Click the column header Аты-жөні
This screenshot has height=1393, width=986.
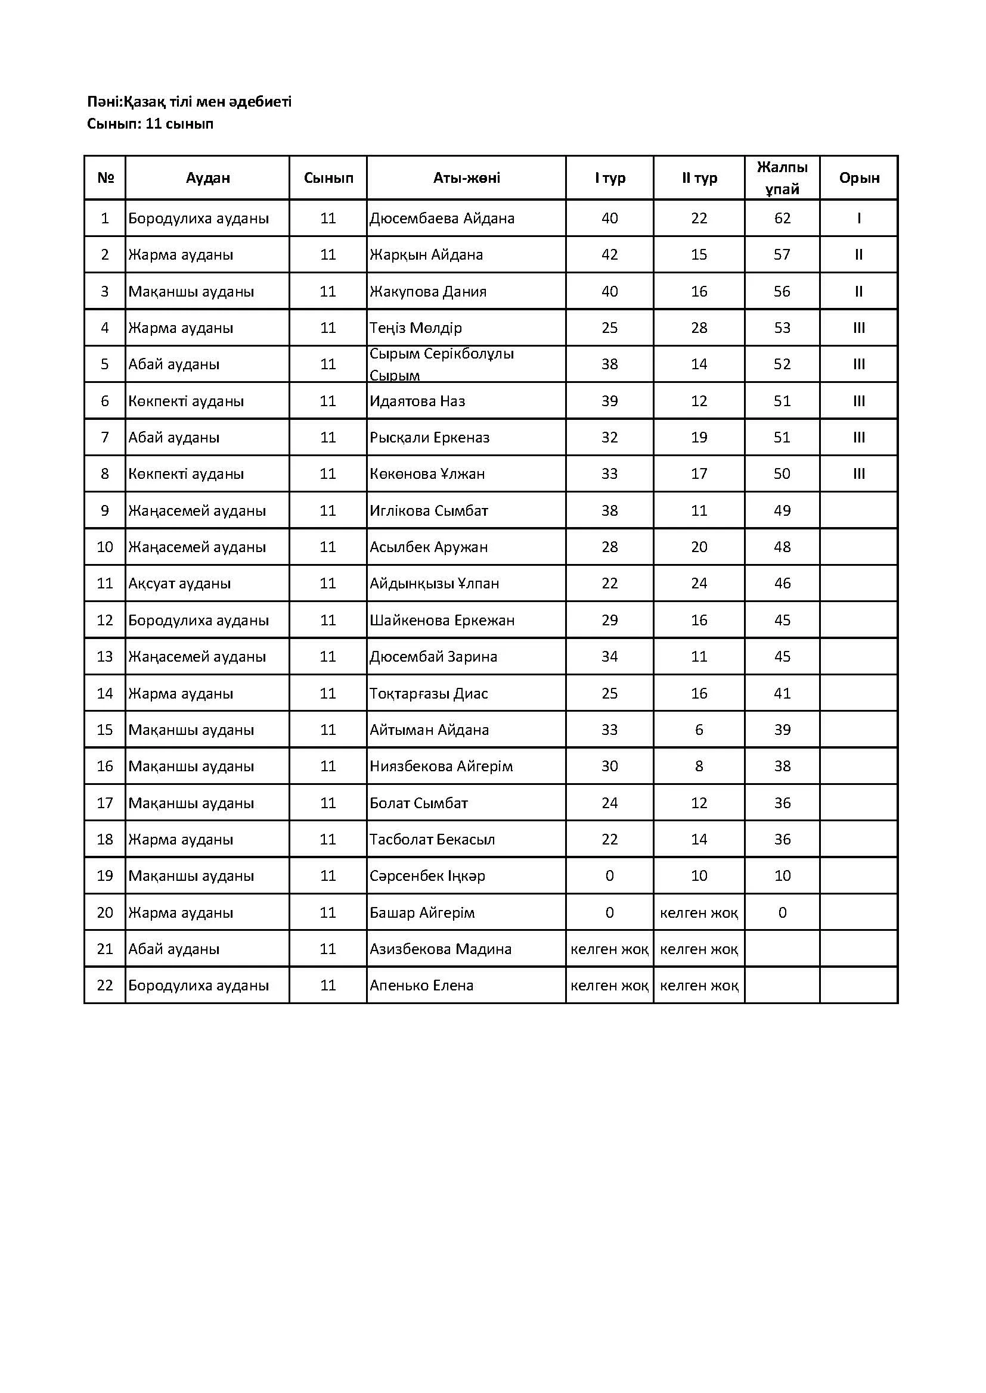tap(466, 177)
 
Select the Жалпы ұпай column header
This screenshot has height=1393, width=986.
tap(782, 177)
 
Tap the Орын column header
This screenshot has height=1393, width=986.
tap(859, 177)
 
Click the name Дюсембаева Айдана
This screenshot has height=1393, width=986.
tap(442, 219)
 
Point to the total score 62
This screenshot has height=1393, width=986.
tap(782, 219)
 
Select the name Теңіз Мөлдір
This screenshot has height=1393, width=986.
tap(416, 328)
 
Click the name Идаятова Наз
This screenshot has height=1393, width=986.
tap(418, 401)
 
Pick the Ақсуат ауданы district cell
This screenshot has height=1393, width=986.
tap(179, 584)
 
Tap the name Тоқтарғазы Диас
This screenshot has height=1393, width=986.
tap(429, 693)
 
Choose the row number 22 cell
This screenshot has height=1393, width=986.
tap(105, 985)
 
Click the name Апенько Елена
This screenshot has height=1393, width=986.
tap(421, 985)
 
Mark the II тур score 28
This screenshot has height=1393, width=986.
tap(699, 328)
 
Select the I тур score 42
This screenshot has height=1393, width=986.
tap(610, 255)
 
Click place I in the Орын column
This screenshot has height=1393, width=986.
tap(858, 219)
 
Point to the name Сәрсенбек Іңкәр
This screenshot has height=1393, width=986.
tap(427, 876)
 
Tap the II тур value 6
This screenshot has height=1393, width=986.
tap(699, 730)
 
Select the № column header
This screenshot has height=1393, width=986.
tap(106, 177)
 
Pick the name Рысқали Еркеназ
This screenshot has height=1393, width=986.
tap(429, 438)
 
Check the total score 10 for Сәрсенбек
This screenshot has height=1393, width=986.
tap(782, 876)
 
